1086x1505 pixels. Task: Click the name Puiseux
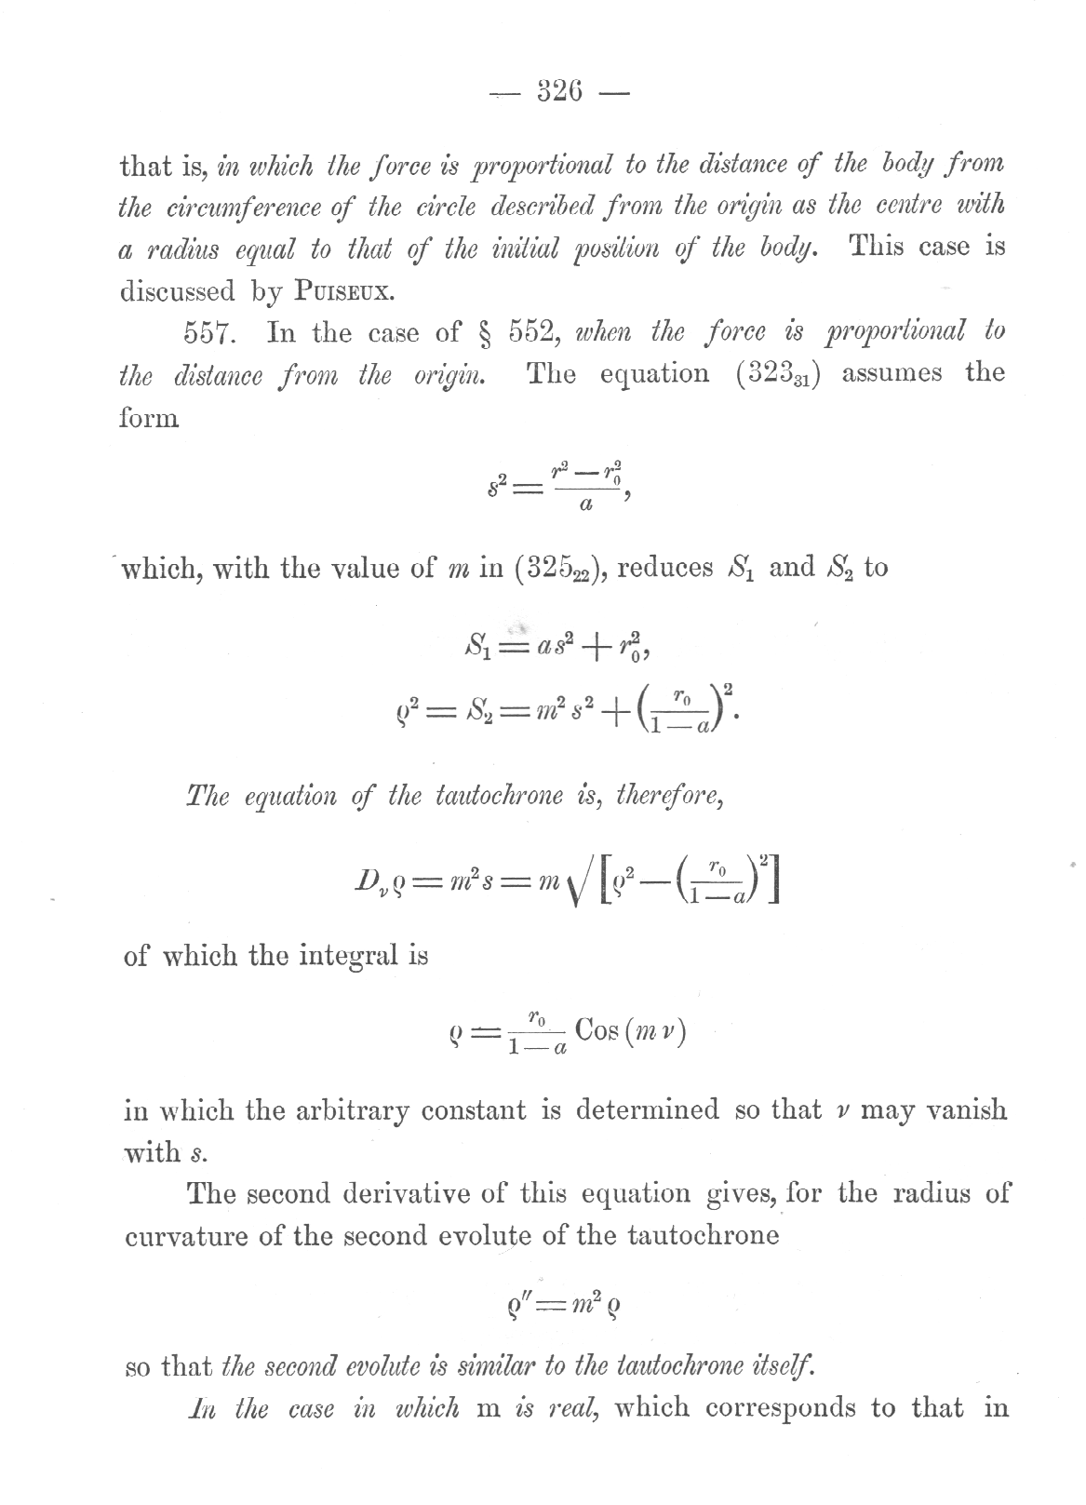[345, 291]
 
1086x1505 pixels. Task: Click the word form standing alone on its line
[150, 417]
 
